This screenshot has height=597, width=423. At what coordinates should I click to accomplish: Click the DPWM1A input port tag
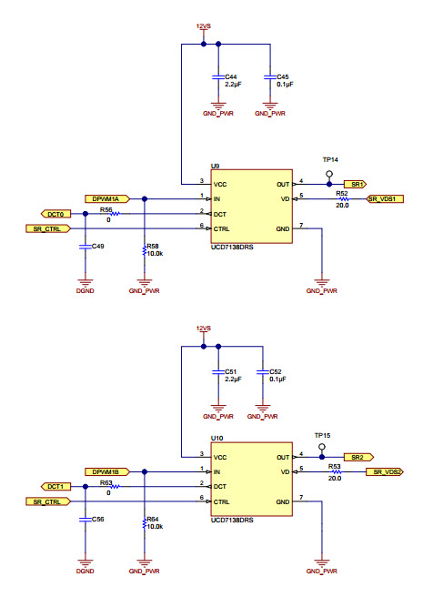(107, 198)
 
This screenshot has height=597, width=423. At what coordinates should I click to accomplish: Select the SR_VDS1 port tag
(385, 198)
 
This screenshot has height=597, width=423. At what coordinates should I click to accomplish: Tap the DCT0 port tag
(56, 214)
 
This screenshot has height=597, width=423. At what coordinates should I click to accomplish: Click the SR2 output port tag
(358, 457)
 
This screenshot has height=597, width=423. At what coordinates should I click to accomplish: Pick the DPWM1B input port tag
(107, 471)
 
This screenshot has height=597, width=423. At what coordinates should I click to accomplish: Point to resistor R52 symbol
(342, 198)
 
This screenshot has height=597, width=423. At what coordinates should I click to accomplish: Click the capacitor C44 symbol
(218, 77)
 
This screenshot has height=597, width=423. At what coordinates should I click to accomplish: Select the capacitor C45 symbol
(270, 77)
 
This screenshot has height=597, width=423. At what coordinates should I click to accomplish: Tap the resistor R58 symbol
(145, 251)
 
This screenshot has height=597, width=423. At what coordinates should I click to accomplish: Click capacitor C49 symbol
(86, 247)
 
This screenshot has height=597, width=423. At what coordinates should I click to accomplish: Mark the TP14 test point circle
(329, 175)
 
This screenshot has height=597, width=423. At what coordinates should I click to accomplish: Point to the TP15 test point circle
(322, 447)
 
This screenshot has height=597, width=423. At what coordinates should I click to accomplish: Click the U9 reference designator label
(215, 166)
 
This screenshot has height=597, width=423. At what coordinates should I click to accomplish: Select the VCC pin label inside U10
(220, 457)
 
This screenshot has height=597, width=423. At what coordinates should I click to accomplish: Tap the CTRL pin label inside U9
(222, 228)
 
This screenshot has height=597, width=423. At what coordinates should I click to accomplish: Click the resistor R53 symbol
(335, 471)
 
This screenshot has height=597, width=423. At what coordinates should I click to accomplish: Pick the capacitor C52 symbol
(263, 372)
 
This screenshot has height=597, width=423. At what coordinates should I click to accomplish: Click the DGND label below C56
(86, 572)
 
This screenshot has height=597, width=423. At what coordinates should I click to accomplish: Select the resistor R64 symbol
(145, 524)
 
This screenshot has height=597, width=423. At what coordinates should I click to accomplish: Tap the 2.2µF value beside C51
(233, 379)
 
